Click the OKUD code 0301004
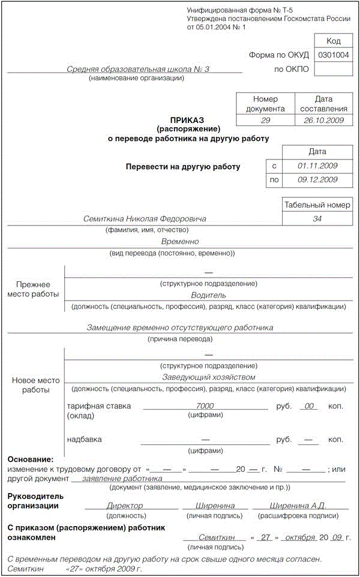[x=334, y=55]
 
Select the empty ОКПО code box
[x=334, y=70]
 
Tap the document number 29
[x=265, y=120]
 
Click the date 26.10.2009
[x=322, y=120]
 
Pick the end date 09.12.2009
[x=317, y=179]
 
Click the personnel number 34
[x=317, y=219]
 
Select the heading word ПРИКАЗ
[x=188, y=119]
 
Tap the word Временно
[x=180, y=242]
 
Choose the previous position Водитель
[x=208, y=295]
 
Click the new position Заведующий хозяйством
[x=208, y=377]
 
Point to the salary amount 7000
[x=205, y=406]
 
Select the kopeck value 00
[x=310, y=406]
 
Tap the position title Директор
[x=125, y=506]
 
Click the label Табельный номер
[x=317, y=205]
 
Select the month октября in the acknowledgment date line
[x=297, y=537]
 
